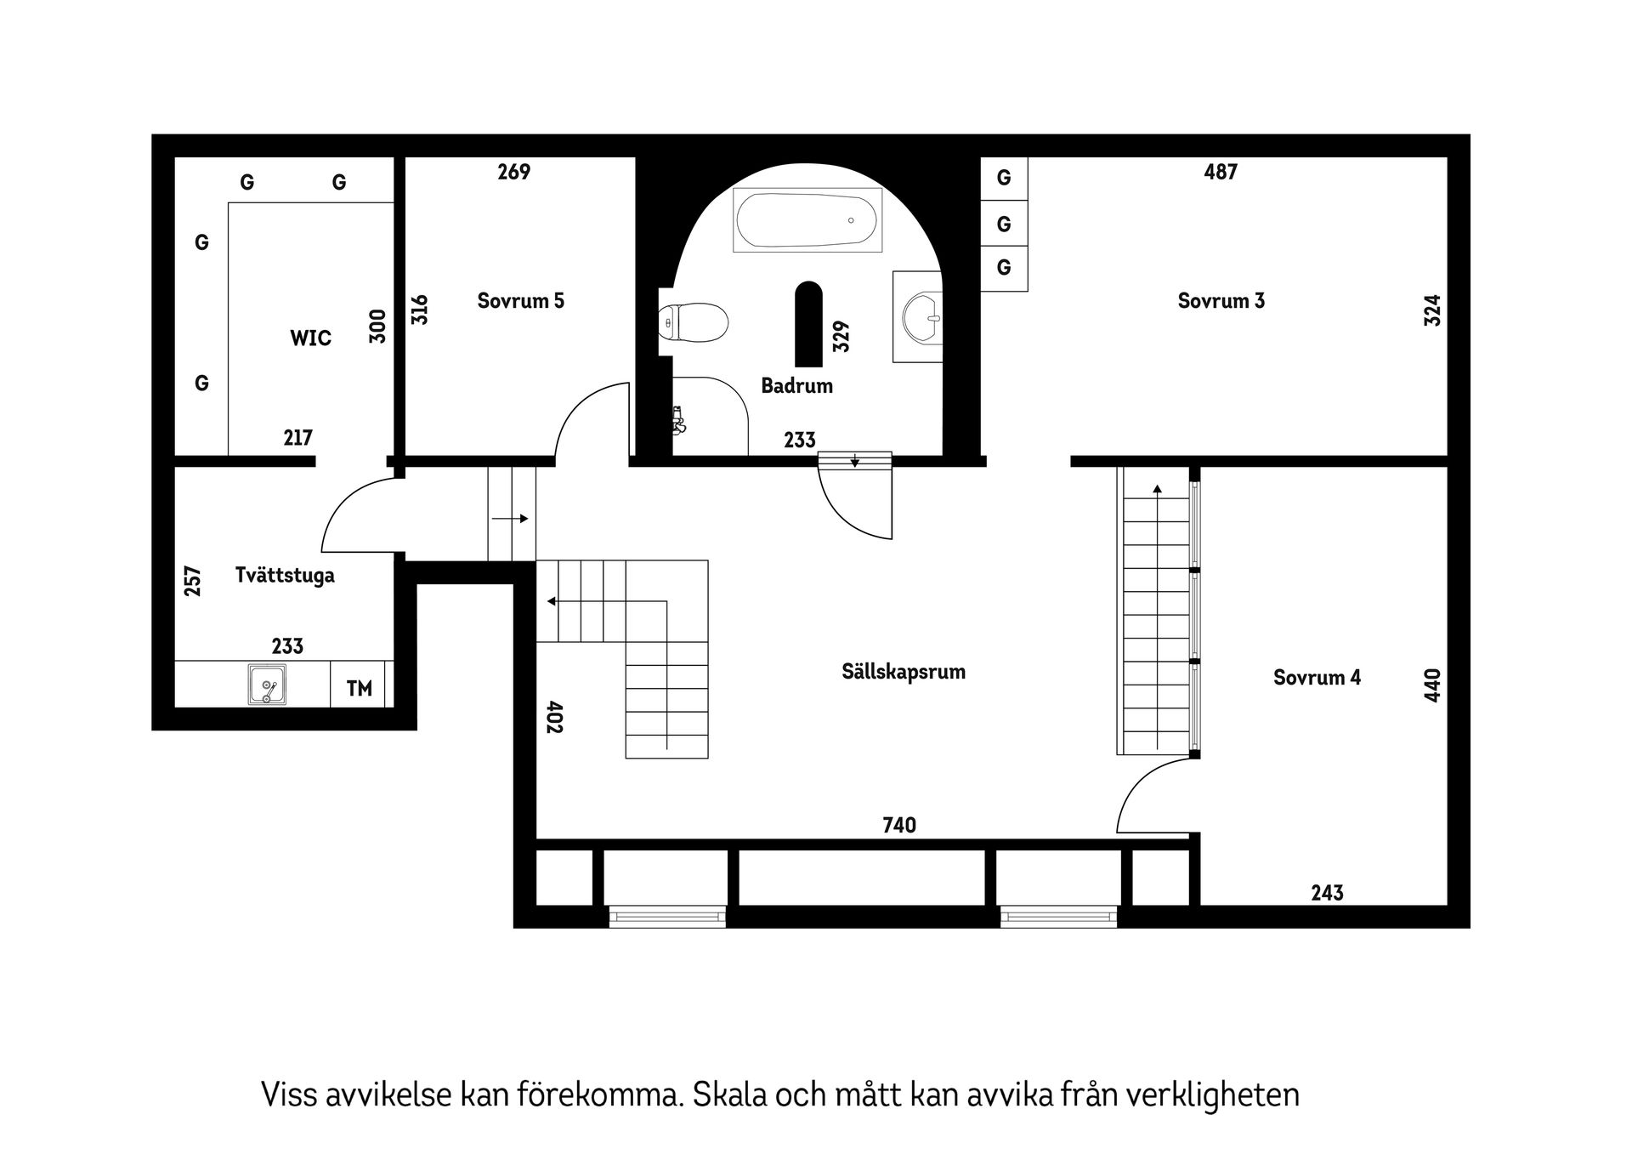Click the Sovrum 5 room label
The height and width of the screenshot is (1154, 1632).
(520, 301)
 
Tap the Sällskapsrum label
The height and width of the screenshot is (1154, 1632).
(903, 672)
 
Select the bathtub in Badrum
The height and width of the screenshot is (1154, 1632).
(807, 220)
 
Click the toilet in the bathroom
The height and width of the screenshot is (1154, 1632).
(694, 323)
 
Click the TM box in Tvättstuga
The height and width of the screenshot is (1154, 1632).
(360, 688)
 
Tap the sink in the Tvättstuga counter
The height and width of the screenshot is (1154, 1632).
(267, 685)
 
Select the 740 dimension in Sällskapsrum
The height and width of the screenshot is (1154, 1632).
(899, 825)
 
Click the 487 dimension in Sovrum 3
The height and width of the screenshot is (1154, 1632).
(1221, 172)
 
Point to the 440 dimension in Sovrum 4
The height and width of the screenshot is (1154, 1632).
(1432, 685)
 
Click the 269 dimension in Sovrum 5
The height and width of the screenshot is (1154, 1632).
(513, 172)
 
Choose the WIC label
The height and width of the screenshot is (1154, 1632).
(310, 338)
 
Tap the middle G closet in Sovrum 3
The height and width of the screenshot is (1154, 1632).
(1004, 225)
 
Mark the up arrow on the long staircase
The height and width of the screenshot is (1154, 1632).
(1157, 489)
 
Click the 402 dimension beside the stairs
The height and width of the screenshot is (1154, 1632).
(554, 717)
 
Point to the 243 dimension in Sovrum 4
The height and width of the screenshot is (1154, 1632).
(1326, 893)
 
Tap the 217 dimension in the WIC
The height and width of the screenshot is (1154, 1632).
(297, 438)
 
